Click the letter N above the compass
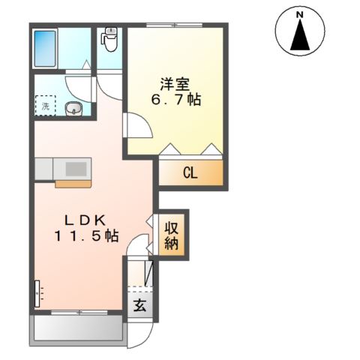[298, 14]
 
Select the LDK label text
[87, 220]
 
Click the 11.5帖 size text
[86, 235]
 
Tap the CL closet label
[190, 173]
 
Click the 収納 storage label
[172, 235]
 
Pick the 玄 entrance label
[140, 305]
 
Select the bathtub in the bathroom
[47, 48]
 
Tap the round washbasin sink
[74, 109]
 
